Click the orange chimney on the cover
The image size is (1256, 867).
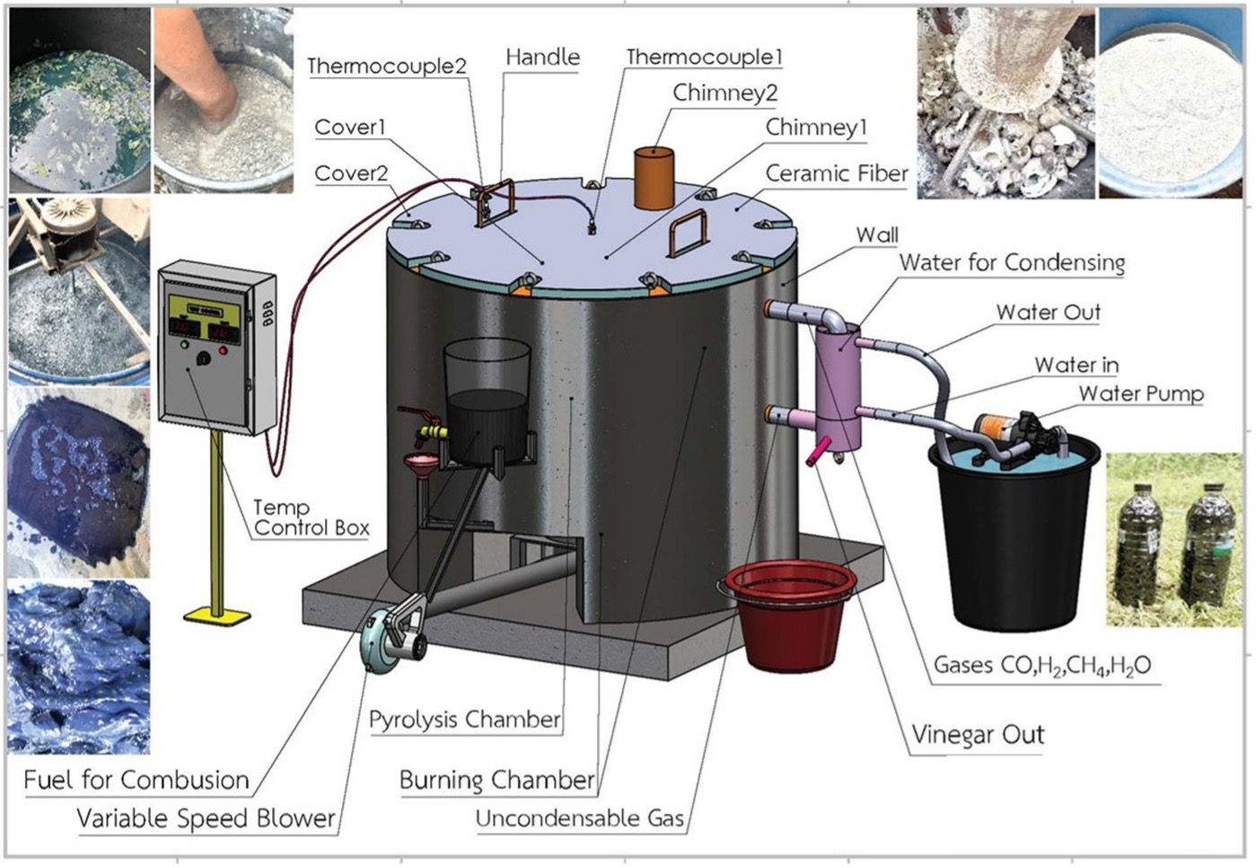(x=654, y=177)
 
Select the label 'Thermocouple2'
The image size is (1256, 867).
(x=387, y=66)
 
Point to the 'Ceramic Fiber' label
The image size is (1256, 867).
(x=837, y=173)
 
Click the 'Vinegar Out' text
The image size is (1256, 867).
(x=978, y=735)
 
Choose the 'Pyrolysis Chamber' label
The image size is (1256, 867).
(x=464, y=720)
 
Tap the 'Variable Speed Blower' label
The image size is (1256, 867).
(x=206, y=818)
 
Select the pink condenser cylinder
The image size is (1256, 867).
(x=839, y=387)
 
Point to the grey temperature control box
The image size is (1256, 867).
(x=216, y=347)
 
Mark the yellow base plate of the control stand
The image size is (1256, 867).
(x=217, y=615)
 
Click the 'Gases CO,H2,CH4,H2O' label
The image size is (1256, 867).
(x=1041, y=666)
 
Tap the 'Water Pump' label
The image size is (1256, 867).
(x=1140, y=394)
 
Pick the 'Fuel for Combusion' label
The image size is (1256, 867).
(x=136, y=780)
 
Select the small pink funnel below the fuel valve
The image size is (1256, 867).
(x=417, y=466)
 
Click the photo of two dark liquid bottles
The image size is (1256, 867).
(x=1174, y=539)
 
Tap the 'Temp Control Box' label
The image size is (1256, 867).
(x=311, y=518)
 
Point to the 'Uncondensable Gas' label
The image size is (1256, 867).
(x=579, y=818)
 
